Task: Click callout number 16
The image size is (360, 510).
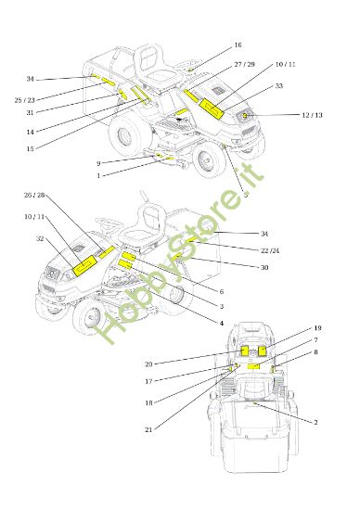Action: point(238,45)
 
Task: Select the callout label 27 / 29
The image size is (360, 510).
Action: point(244,64)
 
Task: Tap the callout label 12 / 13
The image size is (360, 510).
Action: point(312,115)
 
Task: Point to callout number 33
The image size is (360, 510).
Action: point(279,86)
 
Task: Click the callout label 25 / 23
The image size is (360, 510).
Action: point(25,100)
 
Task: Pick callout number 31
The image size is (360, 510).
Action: point(30,113)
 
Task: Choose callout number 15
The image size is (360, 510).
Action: point(30,149)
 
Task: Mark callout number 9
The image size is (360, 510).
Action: point(98,163)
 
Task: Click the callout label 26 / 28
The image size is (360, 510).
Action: point(34,195)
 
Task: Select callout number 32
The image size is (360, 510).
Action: point(40,238)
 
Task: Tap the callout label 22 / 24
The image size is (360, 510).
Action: point(270,250)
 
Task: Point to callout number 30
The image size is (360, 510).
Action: point(264,267)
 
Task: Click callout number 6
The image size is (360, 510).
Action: point(222,291)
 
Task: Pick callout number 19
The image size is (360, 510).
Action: point(317,328)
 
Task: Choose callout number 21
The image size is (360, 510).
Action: point(148,429)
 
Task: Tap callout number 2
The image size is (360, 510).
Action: point(315,423)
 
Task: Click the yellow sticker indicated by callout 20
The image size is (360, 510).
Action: point(245,351)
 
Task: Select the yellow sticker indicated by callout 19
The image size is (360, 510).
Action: point(262,351)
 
